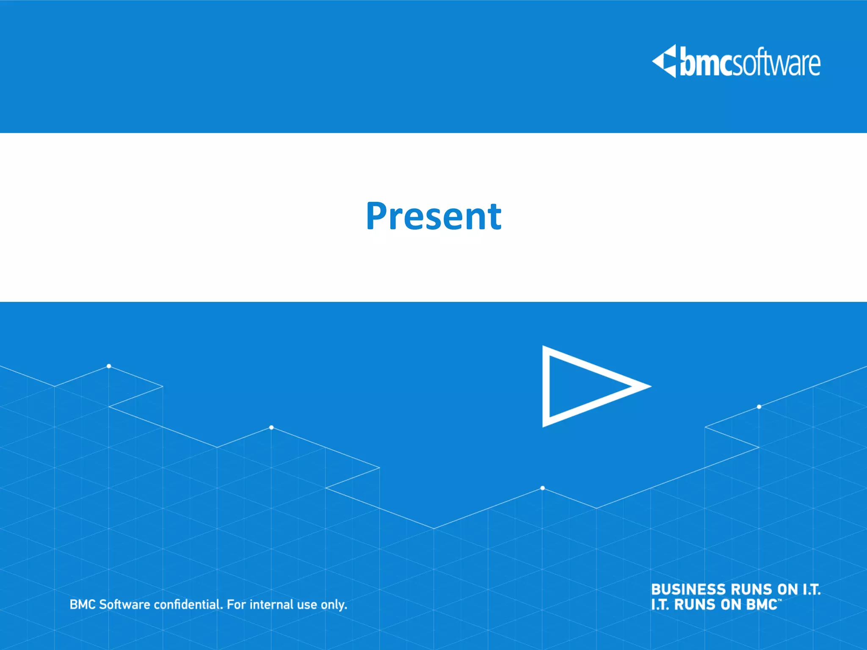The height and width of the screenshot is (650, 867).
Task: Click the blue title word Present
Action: click(433, 217)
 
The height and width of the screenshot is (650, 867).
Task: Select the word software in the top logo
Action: click(776, 64)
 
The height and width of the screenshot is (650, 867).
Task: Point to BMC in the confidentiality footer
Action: click(83, 604)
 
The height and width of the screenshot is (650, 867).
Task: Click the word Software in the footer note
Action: click(124, 604)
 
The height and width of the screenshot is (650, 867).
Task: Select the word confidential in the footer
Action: click(188, 604)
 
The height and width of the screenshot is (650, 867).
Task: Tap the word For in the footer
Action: click(236, 604)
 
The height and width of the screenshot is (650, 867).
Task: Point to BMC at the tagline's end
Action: click(762, 605)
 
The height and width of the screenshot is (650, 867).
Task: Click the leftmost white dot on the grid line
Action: click(109, 366)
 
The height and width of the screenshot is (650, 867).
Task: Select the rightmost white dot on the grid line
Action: click(759, 407)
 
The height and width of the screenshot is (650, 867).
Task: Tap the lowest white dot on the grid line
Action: click(542, 488)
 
